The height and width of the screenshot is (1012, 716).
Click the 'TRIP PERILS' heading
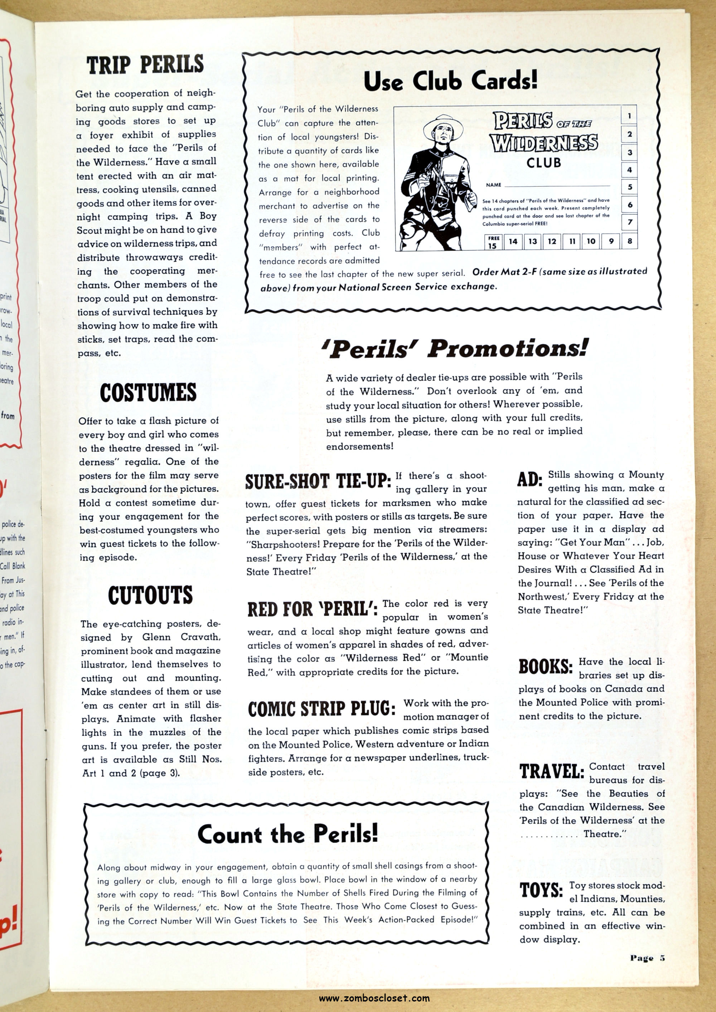click(x=145, y=65)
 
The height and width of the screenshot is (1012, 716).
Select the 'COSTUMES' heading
click(x=148, y=392)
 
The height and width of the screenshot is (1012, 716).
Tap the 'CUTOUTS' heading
click(x=150, y=595)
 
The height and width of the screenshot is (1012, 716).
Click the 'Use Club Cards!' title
click(x=451, y=81)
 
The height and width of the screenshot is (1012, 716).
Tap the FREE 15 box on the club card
click(x=493, y=242)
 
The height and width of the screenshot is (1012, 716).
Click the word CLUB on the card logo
click(x=543, y=163)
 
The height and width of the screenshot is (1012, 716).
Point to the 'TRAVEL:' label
click(x=552, y=771)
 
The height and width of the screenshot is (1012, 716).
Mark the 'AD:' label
click(x=529, y=480)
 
